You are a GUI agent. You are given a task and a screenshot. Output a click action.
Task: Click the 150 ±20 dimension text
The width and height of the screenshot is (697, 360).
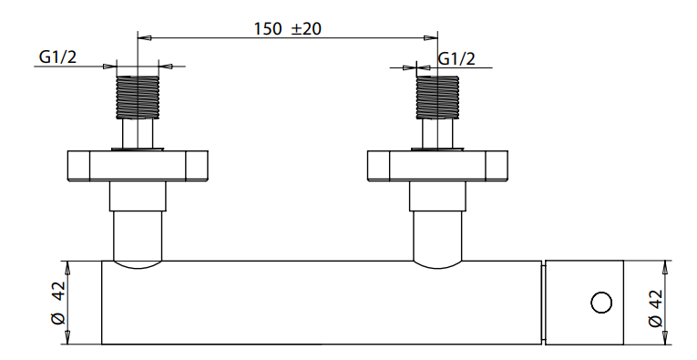pyautogui.click(x=287, y=29)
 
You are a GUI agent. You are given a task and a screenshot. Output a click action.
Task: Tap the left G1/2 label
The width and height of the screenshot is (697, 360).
pyautogui.click(x=57, y=57)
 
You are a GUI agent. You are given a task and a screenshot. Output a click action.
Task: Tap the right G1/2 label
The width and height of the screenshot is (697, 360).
pyautogui.click(x=456, y=58)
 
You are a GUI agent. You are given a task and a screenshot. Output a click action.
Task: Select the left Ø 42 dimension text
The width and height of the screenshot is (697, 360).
pyautogui.click(x=58, y=303)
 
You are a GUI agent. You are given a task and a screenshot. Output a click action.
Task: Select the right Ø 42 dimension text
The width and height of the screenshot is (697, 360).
pyautogui.click(x=656, y=308)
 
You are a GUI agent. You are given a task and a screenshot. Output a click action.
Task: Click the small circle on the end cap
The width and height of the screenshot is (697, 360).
pyautogui.click(x=601, y=303)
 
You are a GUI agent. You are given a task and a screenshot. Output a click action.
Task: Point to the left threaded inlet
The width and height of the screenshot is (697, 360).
pyautogui.click(x=138, y=98)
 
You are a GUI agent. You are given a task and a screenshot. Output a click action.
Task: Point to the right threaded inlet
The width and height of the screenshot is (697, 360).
pyautogui.click(x=437, y=98)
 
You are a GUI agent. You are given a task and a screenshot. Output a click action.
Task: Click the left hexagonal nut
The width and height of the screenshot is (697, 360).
pyautogui.click(x=138, y=166)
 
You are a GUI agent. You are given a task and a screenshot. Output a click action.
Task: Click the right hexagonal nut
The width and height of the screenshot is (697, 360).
pyautogui.click(x=437, y=166)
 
